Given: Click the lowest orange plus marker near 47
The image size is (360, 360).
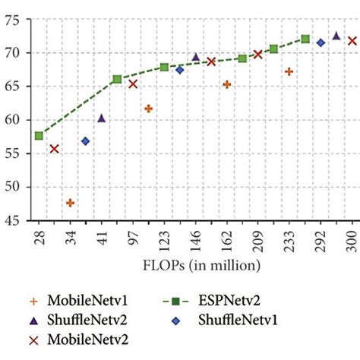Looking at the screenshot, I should (71, 203).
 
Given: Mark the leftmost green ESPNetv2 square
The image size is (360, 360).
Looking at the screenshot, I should (39, 136).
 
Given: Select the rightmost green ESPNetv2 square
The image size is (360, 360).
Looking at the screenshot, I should (305, 39).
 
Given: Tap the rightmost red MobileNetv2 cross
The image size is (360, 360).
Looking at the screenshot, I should (352, 41).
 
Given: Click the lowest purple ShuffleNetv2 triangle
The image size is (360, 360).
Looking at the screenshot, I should (101, 118).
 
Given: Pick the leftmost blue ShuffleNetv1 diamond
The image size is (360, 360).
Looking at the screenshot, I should (85, 141).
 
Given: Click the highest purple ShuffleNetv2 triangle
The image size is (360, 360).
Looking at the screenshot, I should (336, 35).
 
